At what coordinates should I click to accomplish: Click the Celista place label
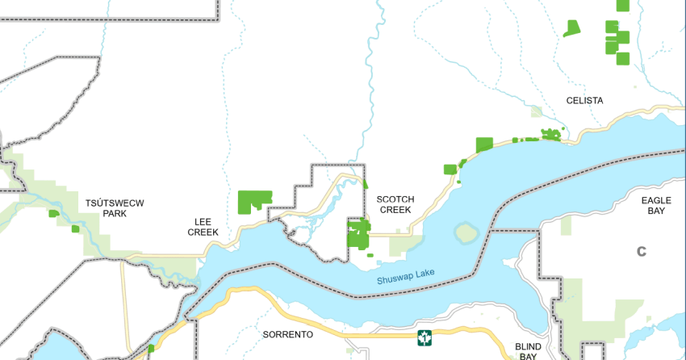click(585, 101)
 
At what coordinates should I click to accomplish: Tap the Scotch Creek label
click(395, 204)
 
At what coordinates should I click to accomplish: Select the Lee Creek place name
click(203, 226)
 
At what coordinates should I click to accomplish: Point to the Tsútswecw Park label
click(115, 208)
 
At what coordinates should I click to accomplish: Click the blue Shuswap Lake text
click(405, 278)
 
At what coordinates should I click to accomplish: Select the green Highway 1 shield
click(424, 337)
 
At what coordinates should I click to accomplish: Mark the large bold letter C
click(642, 251)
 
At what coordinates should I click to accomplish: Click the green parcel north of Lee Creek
click(254, 201)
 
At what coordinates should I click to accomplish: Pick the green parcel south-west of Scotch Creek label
click(358, 234)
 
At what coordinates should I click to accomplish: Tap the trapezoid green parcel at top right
click(571, 29)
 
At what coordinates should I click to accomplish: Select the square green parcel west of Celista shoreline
click(484, 144)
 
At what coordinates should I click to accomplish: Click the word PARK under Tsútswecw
click(115, 214)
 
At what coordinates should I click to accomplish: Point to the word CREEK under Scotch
click(395, 210)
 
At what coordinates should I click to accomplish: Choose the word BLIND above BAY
click(528, 346)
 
